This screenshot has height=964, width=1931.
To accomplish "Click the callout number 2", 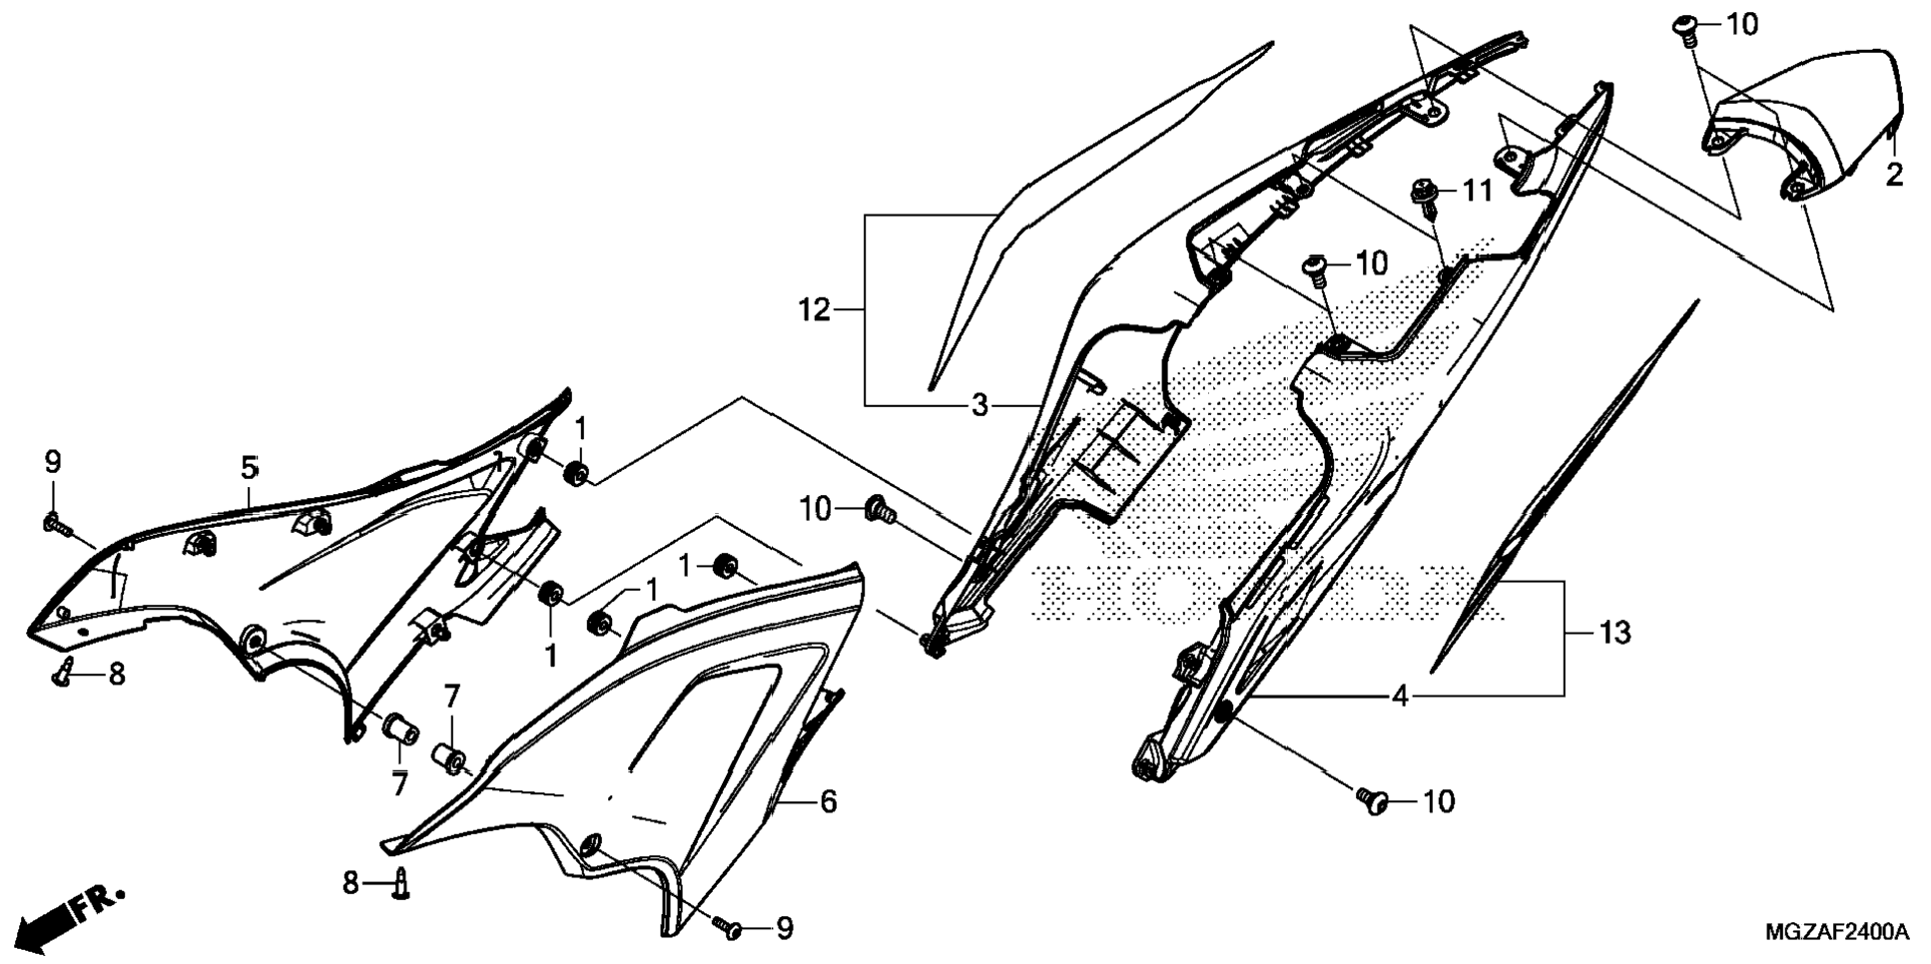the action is click(x=1894, y=176).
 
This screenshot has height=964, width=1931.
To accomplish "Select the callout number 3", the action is click(x=980, y=405).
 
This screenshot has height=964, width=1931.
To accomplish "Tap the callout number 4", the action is click(x=1400, y=696).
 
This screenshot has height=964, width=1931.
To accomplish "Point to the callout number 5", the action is click(x=249, y=468).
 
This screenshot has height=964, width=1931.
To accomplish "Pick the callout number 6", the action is click(x=828, y=801).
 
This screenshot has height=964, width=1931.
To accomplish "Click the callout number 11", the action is click(x=1477, y=190).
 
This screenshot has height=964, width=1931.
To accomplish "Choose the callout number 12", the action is click(x=814, y=310).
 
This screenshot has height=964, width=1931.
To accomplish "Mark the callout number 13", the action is click(x=1614, y=632).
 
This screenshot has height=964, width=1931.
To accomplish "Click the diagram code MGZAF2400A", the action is click(x=1837, y=933).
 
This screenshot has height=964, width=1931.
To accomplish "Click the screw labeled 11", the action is click(x=1423, y=195).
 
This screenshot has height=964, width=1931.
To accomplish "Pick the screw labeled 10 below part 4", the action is click(x=1372, y=799).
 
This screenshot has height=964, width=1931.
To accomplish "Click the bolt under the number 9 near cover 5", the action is click(x=54, y=522).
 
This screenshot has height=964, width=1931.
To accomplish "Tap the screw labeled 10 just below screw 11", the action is click(x=1315, y=268).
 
